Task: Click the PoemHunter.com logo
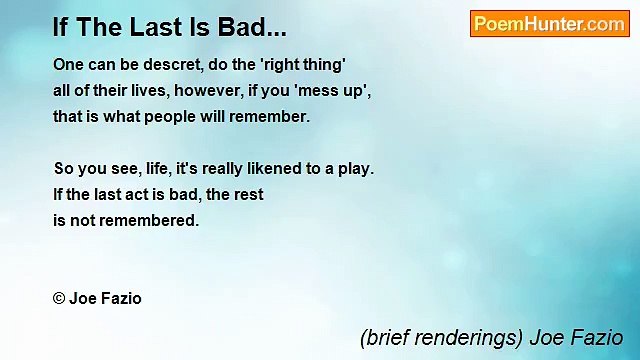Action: (549, 24)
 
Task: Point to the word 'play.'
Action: (355, 168)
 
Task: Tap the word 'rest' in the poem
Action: (248, 194)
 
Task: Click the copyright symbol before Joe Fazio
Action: (59, 298)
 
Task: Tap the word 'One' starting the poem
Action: (68, 63)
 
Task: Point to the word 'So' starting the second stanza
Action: (63, 168)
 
